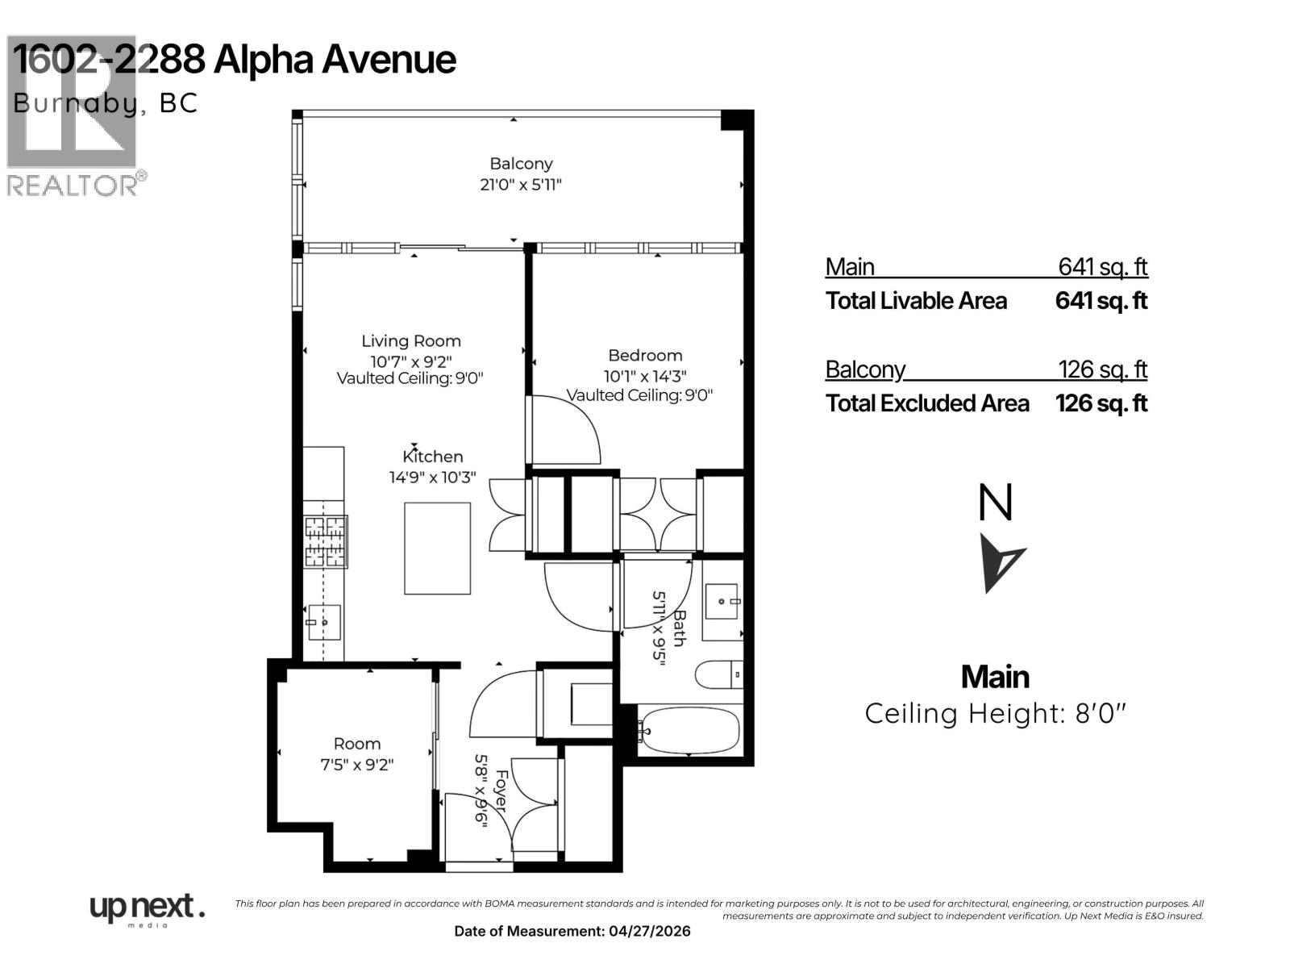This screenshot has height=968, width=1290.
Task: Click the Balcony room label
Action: pyautogui.click(x=521, y=164)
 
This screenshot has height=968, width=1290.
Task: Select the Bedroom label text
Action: pyautogui.click(x=645, y=355)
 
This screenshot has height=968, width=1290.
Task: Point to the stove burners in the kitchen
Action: pyautogui.click(x=325, y=540)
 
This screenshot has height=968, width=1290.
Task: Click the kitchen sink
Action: pyautogui.click(x=324, y=622)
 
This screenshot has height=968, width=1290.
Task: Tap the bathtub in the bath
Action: pyautogui.click(x=689, y=730)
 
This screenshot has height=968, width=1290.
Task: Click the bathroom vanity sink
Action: pyautogui.click(x=722, y=602)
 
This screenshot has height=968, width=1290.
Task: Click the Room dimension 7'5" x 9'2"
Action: pyautogui.click(x=356, y=764)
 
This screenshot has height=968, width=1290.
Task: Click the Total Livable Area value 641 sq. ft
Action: pyautogui.click(x=1101, y=301)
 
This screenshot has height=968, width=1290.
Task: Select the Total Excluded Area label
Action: pyautogui.click(x=927, y=403)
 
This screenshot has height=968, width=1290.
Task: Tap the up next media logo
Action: pyautogui.click(x=145, y=909)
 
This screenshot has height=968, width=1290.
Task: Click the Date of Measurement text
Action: pyautogui.click(x=572, y=931)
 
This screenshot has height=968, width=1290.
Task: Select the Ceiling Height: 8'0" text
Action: pyautogui.click(x=995, y=713)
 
